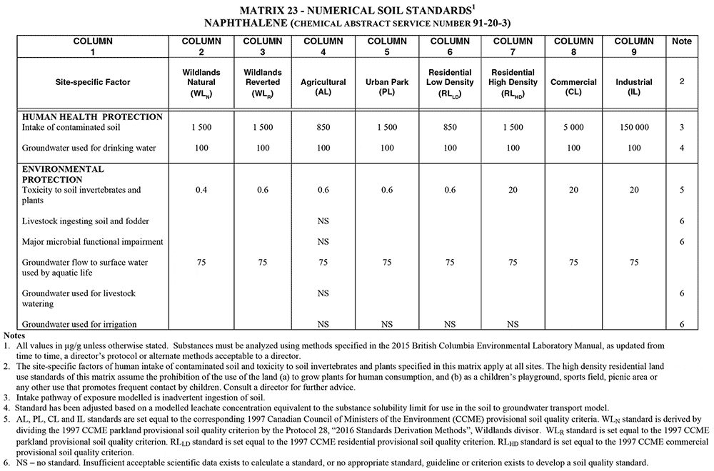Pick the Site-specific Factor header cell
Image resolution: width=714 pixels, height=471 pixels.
(x=93, y=82)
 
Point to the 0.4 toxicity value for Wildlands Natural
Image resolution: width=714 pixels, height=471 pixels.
(x=201, y=191)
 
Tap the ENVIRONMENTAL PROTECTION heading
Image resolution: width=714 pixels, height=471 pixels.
(x=63, y=175)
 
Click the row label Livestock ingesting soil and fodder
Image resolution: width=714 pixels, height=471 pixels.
(x=85, y=221)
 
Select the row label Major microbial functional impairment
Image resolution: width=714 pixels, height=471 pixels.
(x=92, y=242)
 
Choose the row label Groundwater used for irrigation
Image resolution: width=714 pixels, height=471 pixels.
(x=79, y=324)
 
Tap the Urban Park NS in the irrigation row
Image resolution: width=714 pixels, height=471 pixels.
(x=387, y=324)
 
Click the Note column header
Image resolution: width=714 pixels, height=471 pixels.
(x=682, y=41)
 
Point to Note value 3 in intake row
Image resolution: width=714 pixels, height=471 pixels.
(x=682, y=127)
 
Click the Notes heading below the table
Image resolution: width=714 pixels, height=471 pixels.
(x=14, y=335)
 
